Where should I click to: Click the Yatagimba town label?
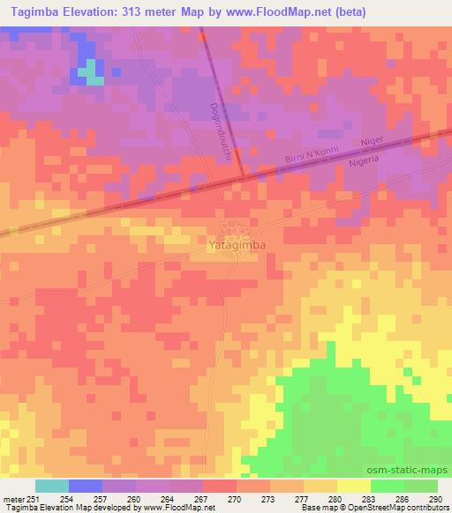click(x=235, y=239)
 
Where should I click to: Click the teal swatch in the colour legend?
click(x=52, y=486)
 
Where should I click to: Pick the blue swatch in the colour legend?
click(x=86, y=486)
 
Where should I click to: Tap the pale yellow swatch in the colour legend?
click(x=354, y=486)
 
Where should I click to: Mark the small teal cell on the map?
click(x=91, y=74)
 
